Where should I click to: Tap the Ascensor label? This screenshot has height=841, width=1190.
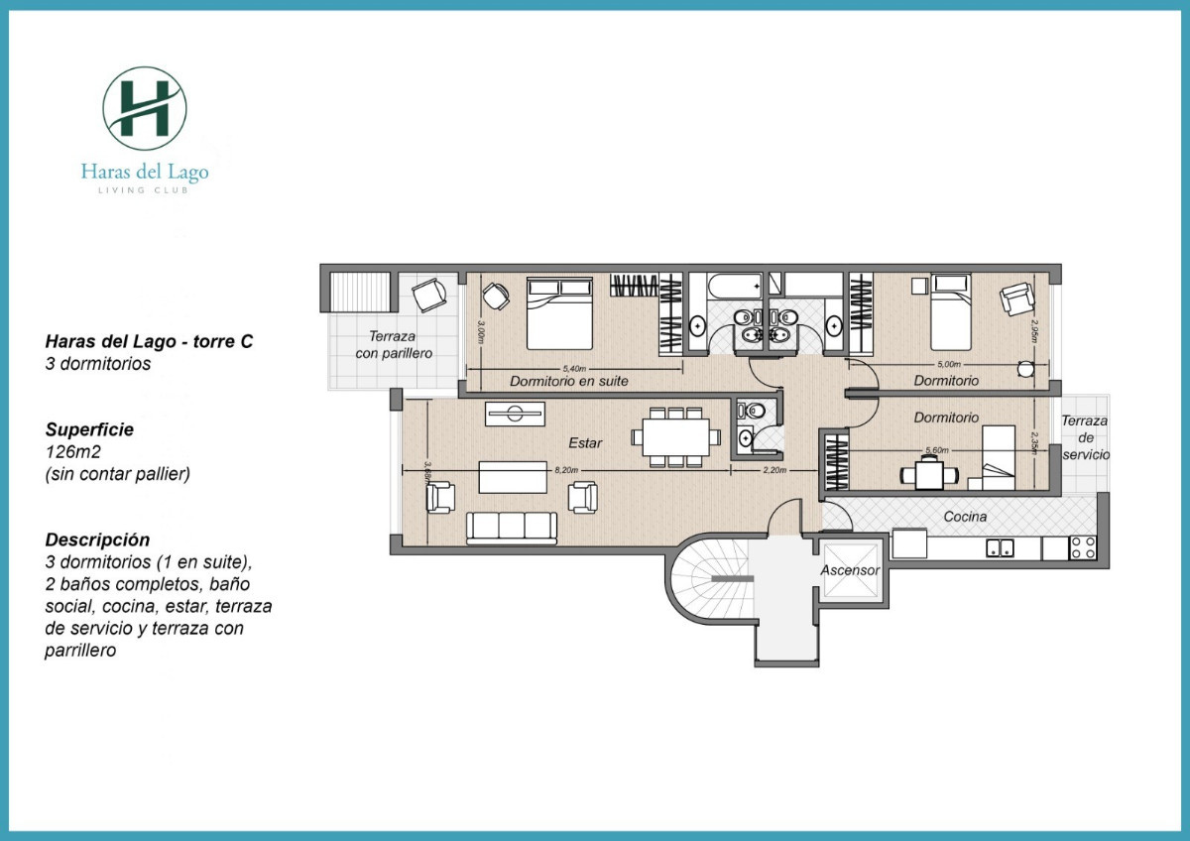tap(849, 571)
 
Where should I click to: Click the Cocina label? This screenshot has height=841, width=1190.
tap(964, 517)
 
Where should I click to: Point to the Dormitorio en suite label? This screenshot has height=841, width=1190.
tap(568, 381)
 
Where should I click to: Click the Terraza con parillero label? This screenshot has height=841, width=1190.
tap(395, 343)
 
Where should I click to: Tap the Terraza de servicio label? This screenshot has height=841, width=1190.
tap(1085, 437)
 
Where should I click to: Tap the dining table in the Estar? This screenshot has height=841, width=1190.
tap(674, 435)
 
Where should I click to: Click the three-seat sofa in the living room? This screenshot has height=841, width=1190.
tap(512, 527)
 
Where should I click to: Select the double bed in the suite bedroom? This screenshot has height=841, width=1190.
tap(560, 312)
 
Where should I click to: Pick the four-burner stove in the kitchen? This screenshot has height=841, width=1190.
tap(1083, 547)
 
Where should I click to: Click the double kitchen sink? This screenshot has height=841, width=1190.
tap(999, 547)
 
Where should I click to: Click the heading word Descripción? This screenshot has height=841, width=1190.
tap(98, 541)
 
